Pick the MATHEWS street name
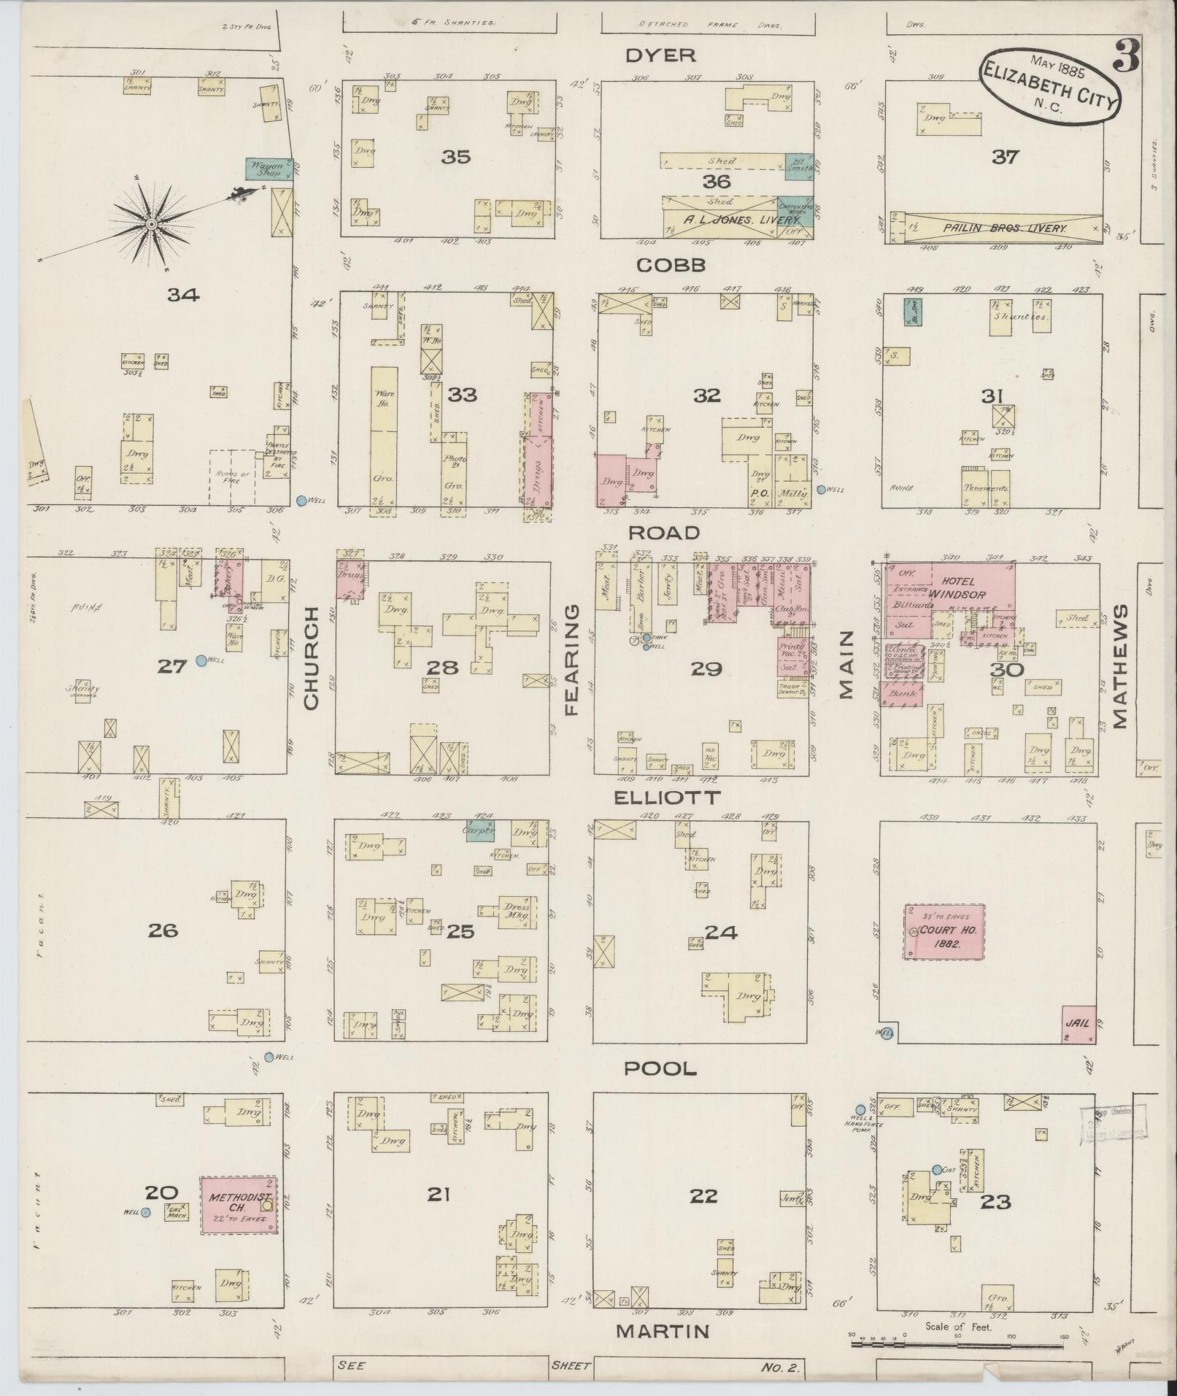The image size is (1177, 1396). tap(1120, 666)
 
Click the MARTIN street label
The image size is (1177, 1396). tap(662, 1330)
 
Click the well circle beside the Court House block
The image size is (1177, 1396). tap(886, 1033)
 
